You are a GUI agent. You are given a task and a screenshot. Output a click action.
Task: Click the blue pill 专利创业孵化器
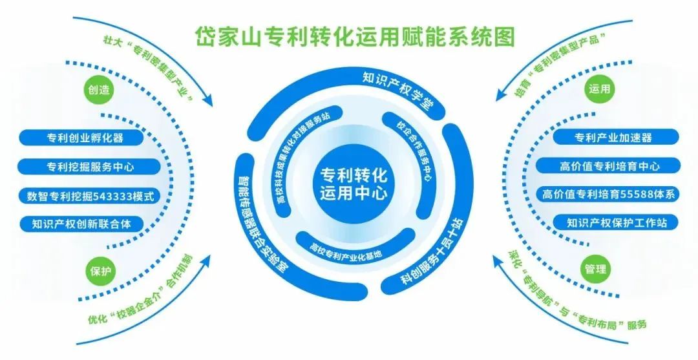(85, 137)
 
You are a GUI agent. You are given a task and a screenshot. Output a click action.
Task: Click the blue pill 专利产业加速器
(613, 137)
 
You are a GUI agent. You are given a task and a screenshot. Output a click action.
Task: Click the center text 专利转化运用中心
(353, 184)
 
